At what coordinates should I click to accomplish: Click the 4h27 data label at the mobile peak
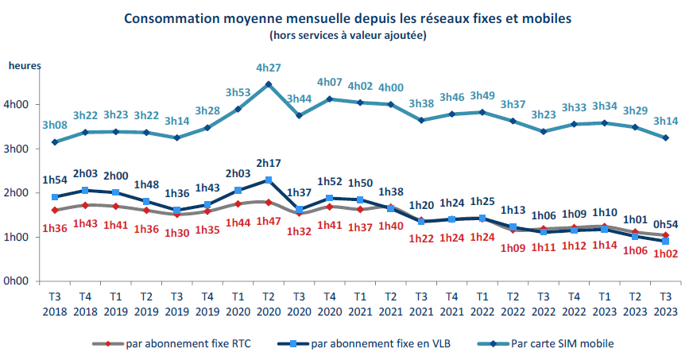click(x=269, y=68)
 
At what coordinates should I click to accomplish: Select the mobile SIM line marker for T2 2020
click(x=269, y=84)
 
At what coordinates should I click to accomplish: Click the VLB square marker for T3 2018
click(x=55, y=197)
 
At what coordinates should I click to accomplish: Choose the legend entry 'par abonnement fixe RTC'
click(x=182, y=343)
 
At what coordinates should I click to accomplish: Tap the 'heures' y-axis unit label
click(x=24, y=67)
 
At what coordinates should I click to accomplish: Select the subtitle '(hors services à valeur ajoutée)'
click(x=347, y=34)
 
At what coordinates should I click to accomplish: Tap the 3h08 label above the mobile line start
click(x=55, y=126)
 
